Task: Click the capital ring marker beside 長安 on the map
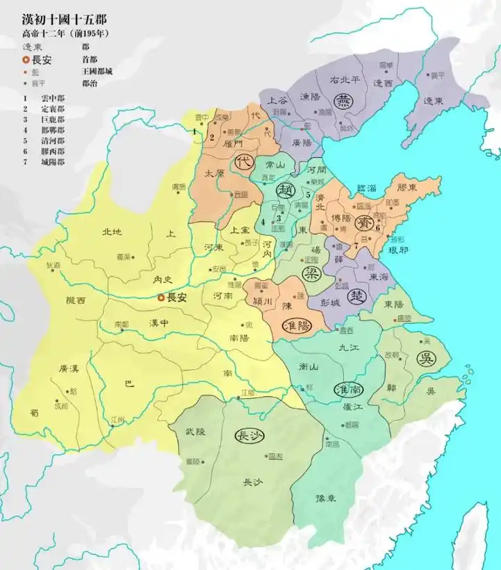click(x=161, y=298)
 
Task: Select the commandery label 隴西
click(x=76, y=300)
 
